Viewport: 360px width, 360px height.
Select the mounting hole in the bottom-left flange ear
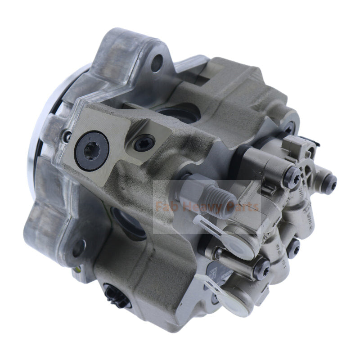point(80,247)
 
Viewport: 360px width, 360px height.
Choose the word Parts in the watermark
point(243,207)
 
